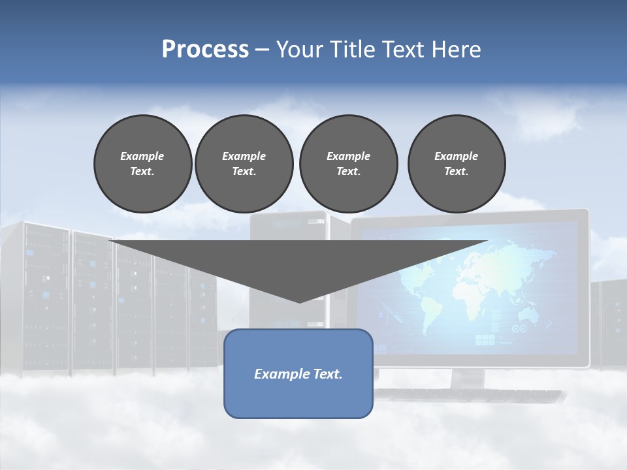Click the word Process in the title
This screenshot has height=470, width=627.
[205, 50]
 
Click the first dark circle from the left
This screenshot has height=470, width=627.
[142, 163]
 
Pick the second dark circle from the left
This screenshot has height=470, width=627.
[244, 163]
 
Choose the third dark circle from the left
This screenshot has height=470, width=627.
[348, 163]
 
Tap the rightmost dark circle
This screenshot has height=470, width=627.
[456, 163]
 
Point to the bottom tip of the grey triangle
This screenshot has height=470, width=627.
[299, 302]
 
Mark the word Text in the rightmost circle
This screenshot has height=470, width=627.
[455, 171]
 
